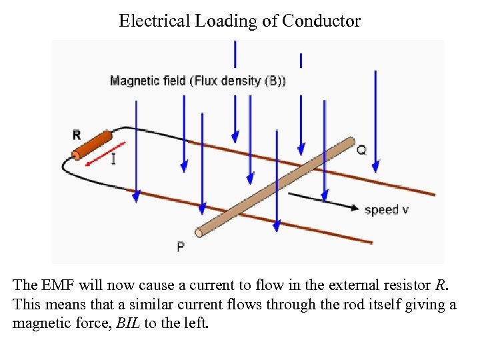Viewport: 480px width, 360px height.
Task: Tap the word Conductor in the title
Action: point(321,21)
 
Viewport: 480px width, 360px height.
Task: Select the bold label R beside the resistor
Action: point(77,134)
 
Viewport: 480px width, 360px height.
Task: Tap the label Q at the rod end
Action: point(361,150)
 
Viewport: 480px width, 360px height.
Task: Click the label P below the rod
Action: point(181,247)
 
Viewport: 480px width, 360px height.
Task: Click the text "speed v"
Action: point(387,209)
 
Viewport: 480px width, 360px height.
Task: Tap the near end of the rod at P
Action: point(199,232)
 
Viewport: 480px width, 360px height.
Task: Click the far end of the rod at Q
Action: point(350,141)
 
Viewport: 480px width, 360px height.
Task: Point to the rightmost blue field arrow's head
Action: point(376,166)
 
